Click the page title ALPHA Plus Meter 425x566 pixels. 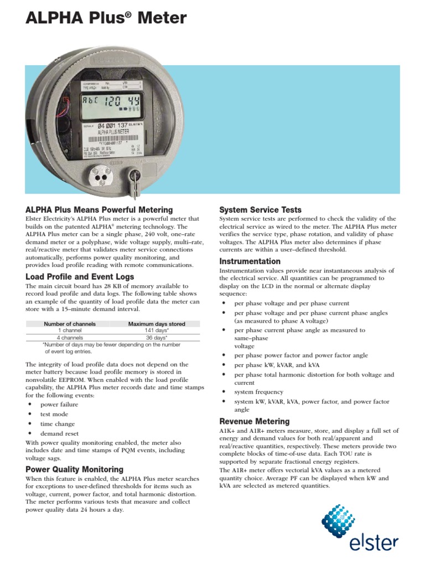tap(106, 19)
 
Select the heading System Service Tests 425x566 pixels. tap(260, 210)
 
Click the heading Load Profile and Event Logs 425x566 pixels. tap(80, 276)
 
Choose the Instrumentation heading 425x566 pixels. tap(250, 261)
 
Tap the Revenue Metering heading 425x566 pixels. tap(254, 421)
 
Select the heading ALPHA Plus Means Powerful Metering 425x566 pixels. tap(99, 210)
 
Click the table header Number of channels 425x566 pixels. tap(70, 324)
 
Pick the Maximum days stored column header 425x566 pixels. tap(157, 324)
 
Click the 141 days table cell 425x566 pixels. tap(157, 331)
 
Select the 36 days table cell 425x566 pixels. tap(157, 337)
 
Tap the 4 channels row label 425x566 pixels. tap(70, 337)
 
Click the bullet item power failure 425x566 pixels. tap(59, 405)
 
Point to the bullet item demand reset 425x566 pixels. tap(59, 434)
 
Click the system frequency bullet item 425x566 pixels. tap(258, 392)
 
